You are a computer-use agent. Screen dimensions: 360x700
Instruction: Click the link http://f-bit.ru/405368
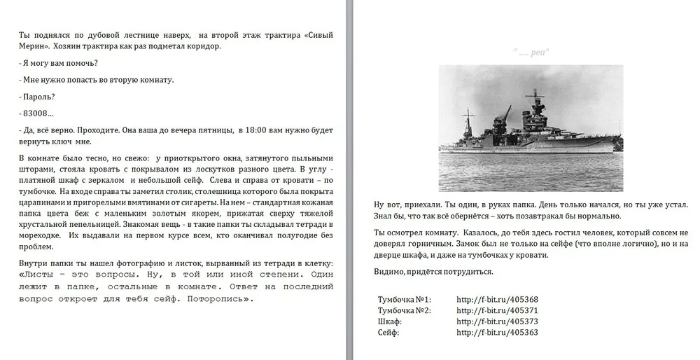point(497,300)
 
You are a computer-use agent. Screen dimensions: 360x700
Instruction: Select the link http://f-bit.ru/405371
point(497,310)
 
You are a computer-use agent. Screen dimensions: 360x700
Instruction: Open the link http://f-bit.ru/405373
point(497,321)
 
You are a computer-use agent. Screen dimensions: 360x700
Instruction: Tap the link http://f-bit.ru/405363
point(497,332)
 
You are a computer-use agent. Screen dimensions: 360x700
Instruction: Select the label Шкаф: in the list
point(390,321)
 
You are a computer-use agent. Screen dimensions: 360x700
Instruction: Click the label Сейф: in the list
point(388,332)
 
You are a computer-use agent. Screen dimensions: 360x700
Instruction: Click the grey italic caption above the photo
point(531,52)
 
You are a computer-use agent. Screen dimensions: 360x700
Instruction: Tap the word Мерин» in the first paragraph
point(34,46)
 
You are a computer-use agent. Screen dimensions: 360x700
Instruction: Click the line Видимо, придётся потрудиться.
point(434,271)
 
